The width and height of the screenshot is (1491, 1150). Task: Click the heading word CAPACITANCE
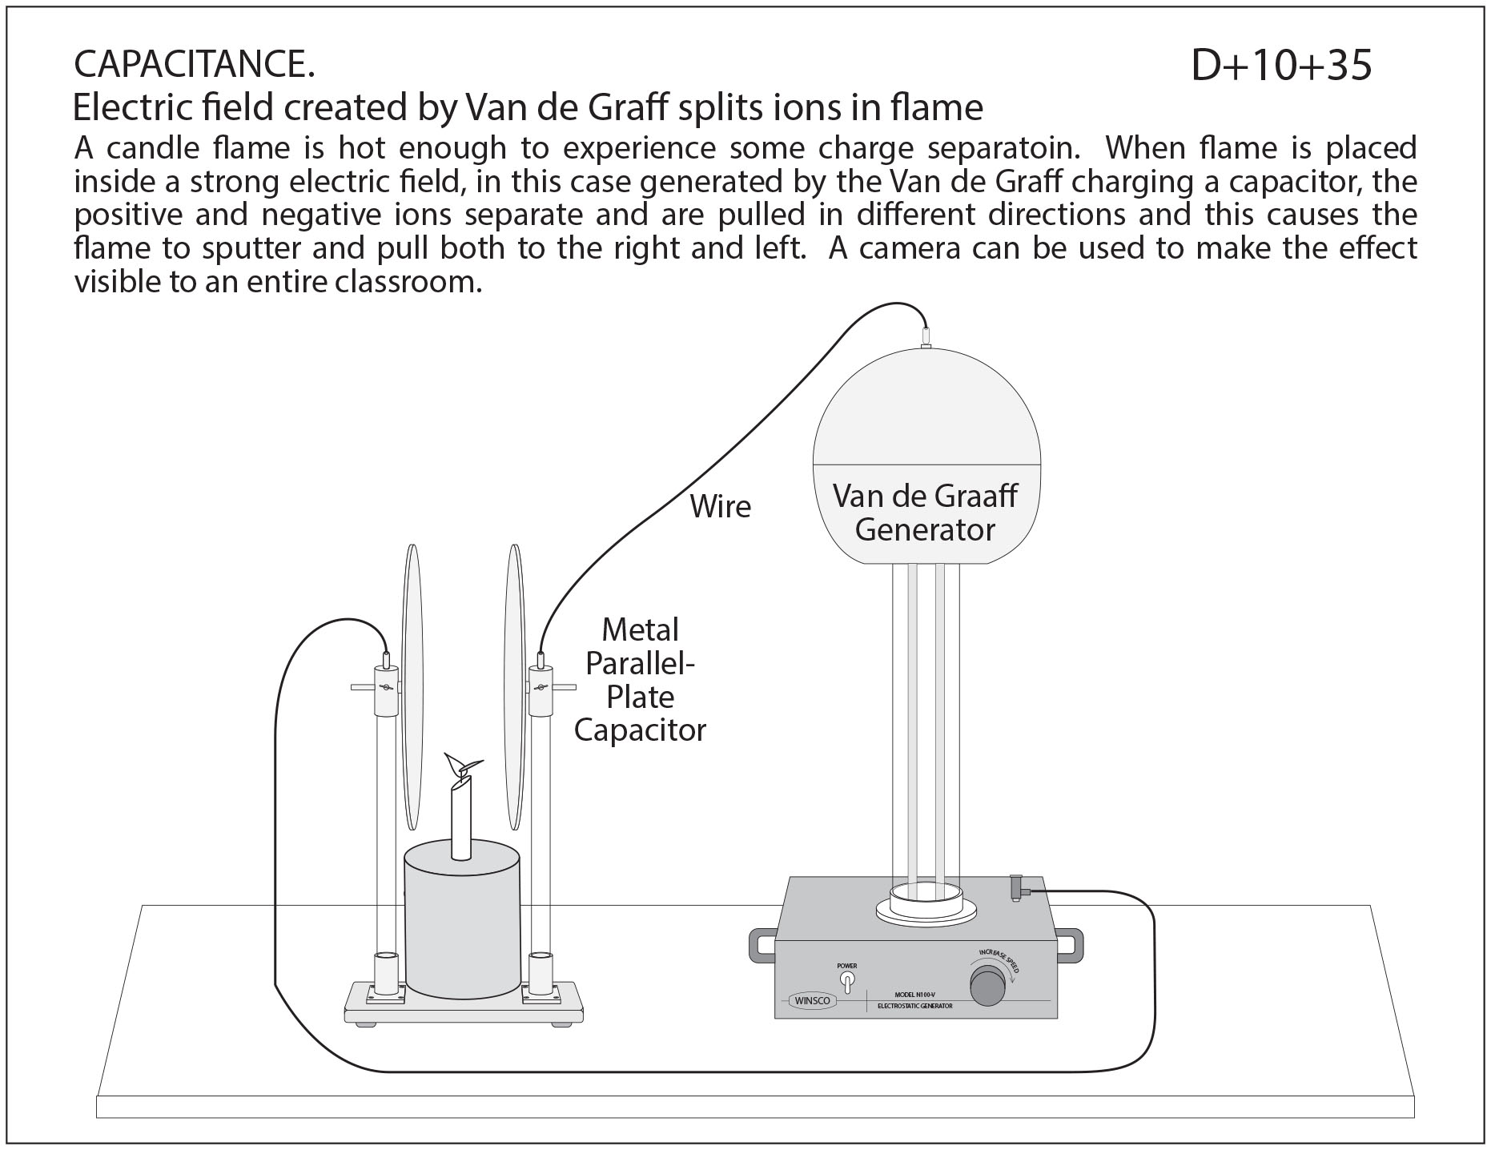[194, 64]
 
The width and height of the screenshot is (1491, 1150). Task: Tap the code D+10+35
[1281, 64]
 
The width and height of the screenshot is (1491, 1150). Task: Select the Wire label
[721, 507]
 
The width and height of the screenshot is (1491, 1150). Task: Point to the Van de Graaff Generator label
[925, 513]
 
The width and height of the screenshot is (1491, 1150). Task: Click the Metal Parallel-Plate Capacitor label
[640, 680]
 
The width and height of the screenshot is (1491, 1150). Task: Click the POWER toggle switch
[846, 982]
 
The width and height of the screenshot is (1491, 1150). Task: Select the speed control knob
[987, 986]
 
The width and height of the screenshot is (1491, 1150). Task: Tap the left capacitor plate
[412, 689]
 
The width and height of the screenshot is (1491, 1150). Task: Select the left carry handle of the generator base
[762, 945]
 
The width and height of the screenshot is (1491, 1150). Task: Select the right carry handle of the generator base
[1070, 945]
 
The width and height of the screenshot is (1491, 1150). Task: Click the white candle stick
[461, 825]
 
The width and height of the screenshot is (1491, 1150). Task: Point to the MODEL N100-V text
[914, 995]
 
